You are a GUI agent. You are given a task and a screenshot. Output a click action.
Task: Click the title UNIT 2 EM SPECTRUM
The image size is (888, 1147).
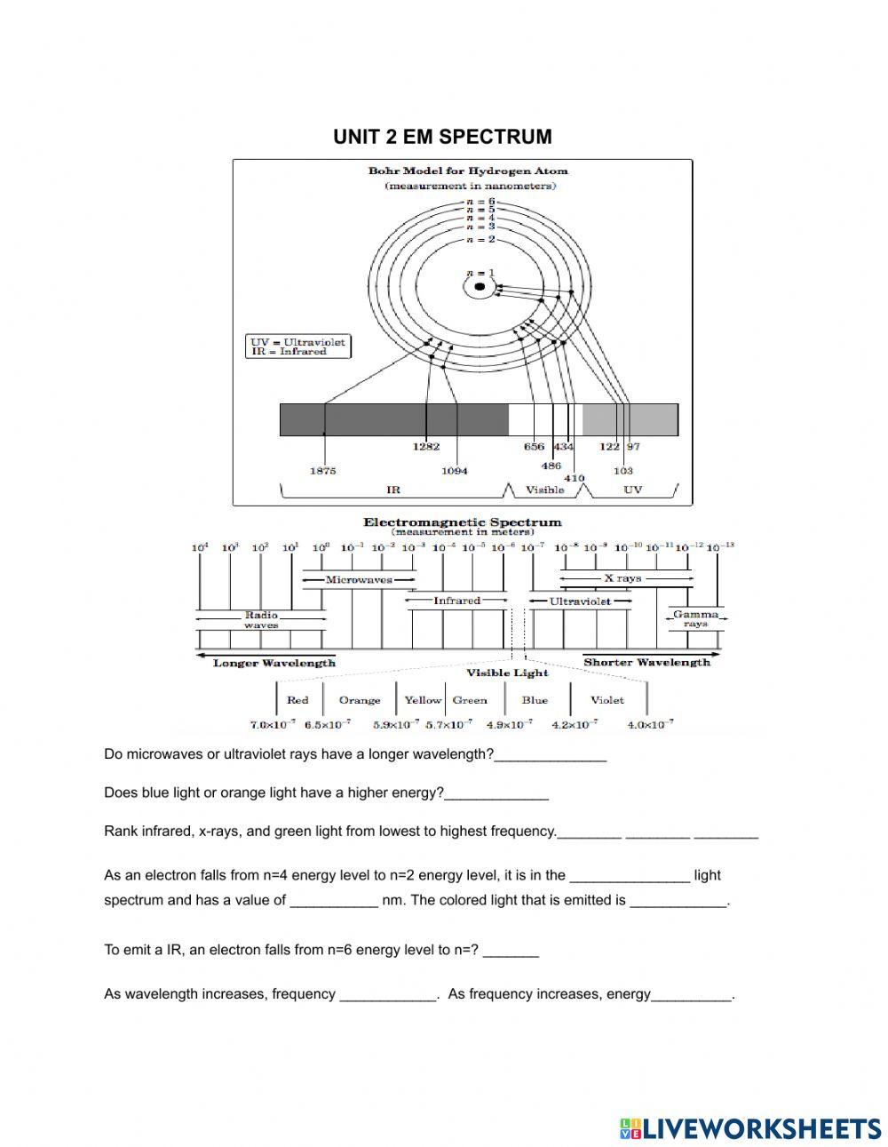(x=442, y=137)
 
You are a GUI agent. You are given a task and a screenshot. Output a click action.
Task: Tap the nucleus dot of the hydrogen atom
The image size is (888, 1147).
(x=480, y=286)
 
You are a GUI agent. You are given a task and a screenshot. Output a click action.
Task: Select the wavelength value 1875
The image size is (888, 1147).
(x=322, y=471)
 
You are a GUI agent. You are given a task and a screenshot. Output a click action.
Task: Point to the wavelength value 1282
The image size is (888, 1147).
(x=426, y=447)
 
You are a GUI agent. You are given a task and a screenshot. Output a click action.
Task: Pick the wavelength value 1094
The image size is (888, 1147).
(x=454, y=471)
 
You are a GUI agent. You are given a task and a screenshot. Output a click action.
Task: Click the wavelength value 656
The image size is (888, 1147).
(x=534, y=447)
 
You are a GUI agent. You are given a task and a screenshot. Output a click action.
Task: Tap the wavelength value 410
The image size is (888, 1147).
(x=575, y=478)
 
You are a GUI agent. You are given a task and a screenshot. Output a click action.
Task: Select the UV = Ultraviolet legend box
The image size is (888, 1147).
(x=299, y=346)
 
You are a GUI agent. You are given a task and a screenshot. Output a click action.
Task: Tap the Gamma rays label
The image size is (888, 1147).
(x=695, y=618)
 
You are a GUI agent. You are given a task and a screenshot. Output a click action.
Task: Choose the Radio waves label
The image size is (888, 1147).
(x=261, y=619)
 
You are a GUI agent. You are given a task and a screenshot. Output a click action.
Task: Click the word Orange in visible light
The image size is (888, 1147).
(x=360, y=700)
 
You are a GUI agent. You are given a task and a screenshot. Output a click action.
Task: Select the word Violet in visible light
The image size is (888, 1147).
(x=607, y=700)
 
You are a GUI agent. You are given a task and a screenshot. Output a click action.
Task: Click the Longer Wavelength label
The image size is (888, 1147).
(x=274, y=663)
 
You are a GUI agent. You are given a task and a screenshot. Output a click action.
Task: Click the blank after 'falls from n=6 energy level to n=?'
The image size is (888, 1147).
(x=511, y=950)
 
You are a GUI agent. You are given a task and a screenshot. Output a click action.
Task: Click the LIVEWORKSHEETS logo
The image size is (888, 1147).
(x=750, y=1128)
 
